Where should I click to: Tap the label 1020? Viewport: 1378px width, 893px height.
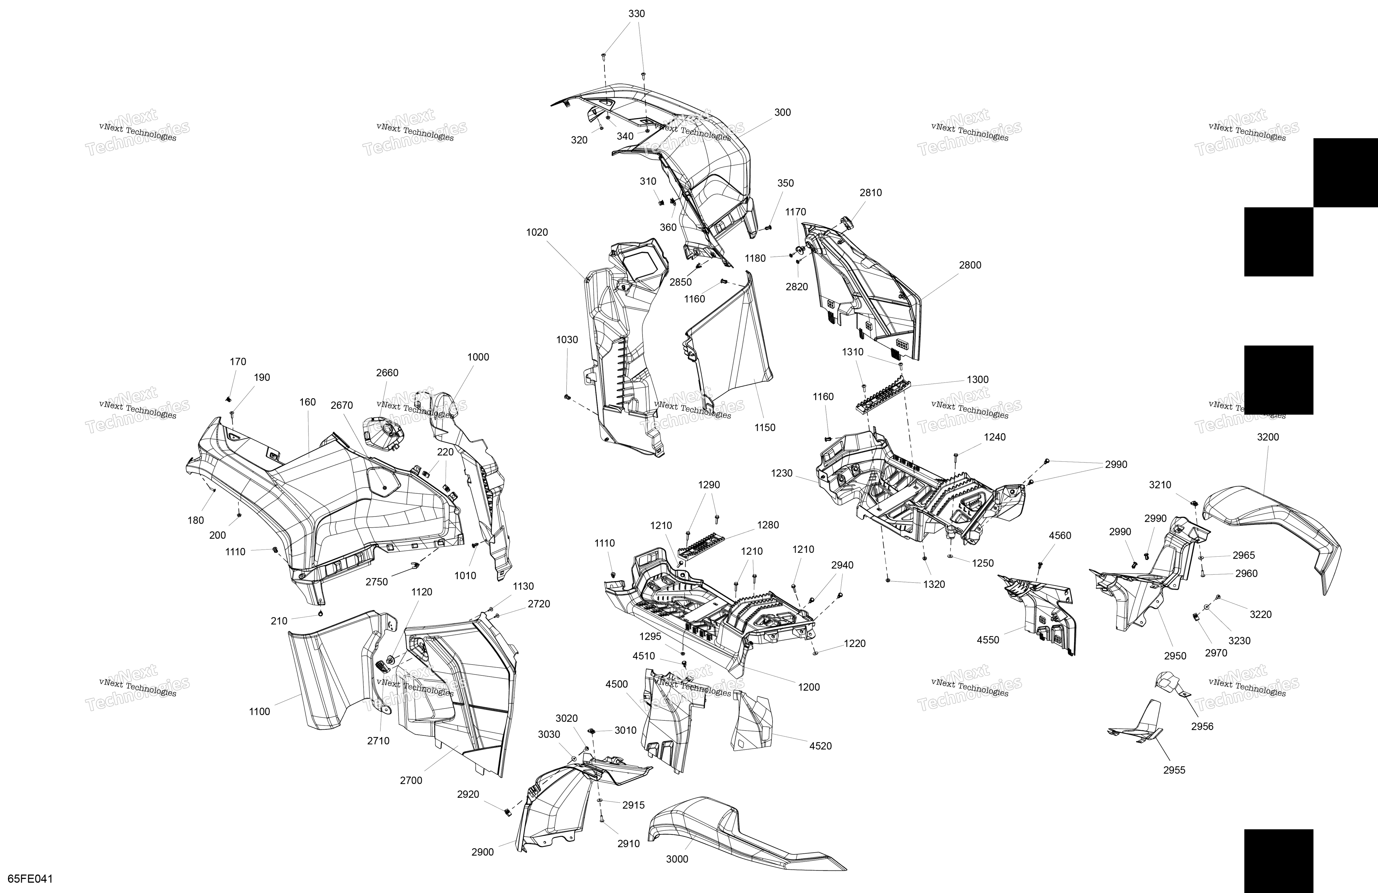click(537, 232)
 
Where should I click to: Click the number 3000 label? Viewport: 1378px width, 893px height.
click(677, 859)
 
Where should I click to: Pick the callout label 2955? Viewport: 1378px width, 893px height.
click(1174, 770)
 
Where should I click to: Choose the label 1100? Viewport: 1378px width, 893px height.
click(260, 711)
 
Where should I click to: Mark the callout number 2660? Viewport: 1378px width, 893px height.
click(387, 373)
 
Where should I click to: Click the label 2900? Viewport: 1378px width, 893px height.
click(482, 852)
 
